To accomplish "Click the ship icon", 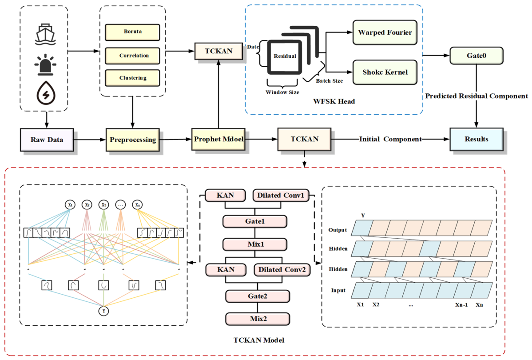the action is tap(45, 34).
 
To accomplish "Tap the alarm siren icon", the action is tap(45, 64).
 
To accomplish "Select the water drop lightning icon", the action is tap(46, 92).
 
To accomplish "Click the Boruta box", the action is tap(132, 32).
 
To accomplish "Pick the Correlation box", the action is tap(132, 56).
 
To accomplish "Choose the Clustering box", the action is tap(132, 78).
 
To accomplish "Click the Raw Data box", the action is tap(47, 140).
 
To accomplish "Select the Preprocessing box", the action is tap(133, 140).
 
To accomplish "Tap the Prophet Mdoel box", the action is tap(218, 139).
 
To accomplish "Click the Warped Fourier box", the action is tap(385, 32).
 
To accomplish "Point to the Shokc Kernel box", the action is tap(385, 72).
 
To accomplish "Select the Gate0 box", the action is tap(476, 56).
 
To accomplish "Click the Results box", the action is tap(476, 139).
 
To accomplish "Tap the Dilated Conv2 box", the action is tap(282, 270).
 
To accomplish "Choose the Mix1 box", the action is tap(255, 244).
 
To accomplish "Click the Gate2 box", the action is tap(258, 296).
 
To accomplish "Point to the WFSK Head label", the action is tap(334, 101).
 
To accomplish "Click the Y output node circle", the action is tap(103, 311).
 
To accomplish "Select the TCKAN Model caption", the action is tap(259, 340).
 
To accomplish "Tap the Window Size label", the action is tap(282, 92).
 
